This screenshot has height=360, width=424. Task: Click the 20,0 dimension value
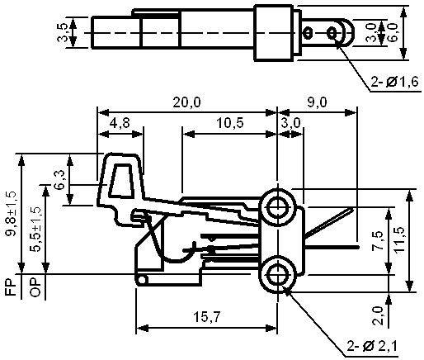(x=186, y=102)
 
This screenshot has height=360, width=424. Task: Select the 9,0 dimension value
(x=318, y=102)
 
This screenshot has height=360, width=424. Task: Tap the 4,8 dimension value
(x=120, y=123)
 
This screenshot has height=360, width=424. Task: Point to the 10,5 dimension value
(x=230, y=123)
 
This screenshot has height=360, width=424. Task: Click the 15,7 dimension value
(x=207, y=317)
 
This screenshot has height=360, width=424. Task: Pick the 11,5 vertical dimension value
(x=399, y=239)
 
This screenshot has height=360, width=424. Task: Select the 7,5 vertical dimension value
(x=378, y=240)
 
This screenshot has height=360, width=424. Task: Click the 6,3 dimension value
(x=59, y=179)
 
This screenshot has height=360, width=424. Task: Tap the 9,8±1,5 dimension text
(x=12, y=213)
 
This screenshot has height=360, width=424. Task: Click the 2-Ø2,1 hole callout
(x=372, y=346)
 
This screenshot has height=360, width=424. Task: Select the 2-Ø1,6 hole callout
(x=394, y=82)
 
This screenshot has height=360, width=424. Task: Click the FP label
(x=11, y=287)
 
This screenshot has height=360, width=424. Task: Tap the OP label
(x=35, y=287)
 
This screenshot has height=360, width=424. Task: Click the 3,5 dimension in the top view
(x=62, y=32)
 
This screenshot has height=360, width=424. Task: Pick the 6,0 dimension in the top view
(x=393, y=32)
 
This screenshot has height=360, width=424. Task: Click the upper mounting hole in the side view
(x=278, y=207)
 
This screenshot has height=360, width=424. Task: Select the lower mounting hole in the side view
(x=278, y=275)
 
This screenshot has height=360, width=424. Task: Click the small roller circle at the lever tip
(x=142, y=280)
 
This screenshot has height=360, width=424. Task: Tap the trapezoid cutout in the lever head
(x=121, y=181)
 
